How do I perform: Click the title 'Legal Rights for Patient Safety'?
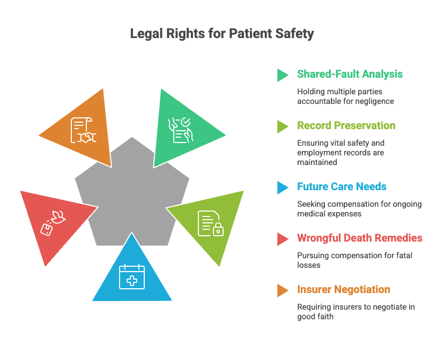pos(222,34)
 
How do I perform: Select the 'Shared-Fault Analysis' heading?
pos(350,74)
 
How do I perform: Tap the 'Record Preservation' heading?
pos(346,125)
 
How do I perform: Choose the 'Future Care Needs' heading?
pos(342,186)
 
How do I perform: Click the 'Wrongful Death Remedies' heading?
pos(360,238)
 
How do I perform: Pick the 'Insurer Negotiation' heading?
pos(344,290)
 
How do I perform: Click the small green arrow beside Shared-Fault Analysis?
pos(282,75)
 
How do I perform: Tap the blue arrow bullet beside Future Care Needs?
pos(282,188)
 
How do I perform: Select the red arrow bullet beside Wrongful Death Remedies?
pos(282,239)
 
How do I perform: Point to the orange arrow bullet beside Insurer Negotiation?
pos(282,291)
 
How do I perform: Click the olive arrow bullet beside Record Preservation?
pos(282,126)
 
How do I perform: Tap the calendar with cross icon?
pos(132,276)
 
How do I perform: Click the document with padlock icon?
pos(211,223)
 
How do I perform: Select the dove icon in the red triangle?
pos(53,223)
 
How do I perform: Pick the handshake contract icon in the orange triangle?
pos(84,130)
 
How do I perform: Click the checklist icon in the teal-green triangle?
pos(180,130)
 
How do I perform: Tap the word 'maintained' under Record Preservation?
pos(317,162)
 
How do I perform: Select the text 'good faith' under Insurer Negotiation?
pos(315,317)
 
